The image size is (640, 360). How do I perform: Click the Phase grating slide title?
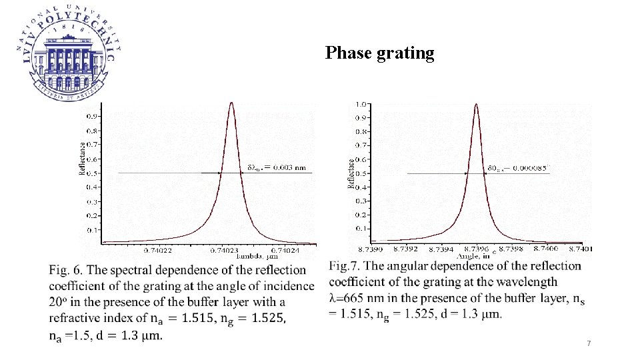pyautogui.click(x=379, y=53)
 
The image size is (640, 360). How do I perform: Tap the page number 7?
pyautogui.click(x=589, y=343)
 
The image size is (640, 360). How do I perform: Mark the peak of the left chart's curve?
pyautogui.click(x=231, y=103)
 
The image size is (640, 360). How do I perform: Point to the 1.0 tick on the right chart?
pyautogui.click(x=361, y=104)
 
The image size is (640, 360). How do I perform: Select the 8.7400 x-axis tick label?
pyautogui.click(x=547, y=249)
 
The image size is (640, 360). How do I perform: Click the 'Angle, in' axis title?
pyautogui.click(x=473, y=255)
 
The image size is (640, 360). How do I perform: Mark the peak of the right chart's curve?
pyautogui.click(x=475, y=104)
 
